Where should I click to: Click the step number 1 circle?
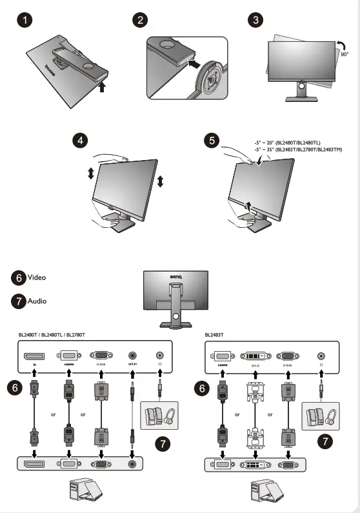tap(24, 20)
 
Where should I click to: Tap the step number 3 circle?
tap(257, 20)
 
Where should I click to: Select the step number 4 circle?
tap(79, 140)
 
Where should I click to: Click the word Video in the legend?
tap(37, 277)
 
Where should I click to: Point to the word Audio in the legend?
tap(37, 301)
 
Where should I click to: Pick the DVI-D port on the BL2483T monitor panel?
tap(254, 356)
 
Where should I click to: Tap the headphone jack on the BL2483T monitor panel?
tap(321, 356)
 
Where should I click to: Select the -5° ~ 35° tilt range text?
tap(298, 150)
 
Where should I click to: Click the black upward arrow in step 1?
tap(103, 87)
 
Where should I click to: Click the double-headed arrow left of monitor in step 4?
tap(91, 173)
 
